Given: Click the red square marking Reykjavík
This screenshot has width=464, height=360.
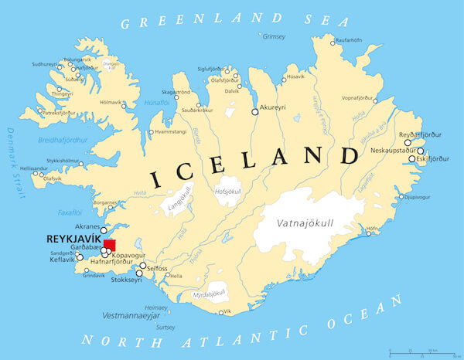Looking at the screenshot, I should [x=108, y=245].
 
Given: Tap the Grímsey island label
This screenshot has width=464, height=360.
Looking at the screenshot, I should [x=275, y=36].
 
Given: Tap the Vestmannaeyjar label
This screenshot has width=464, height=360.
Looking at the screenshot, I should [x=125, y=316].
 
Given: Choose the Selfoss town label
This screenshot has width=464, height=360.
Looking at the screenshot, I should [x=157, y=268].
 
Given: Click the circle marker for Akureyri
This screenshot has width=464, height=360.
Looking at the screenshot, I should [x=255, y=112].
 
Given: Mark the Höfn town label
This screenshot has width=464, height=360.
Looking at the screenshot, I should [x=374, y=229].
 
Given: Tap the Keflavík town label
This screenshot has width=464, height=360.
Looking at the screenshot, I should [x=60, y=262].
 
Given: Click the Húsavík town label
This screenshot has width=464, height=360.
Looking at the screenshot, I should [x=295, y=76].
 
